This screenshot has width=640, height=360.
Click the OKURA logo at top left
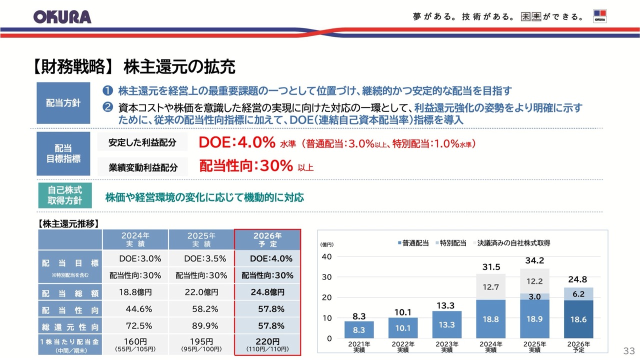pos(62,16)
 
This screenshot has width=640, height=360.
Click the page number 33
pos(628,349)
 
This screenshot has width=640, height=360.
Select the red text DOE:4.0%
pos(237,142)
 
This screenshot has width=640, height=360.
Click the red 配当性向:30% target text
pos(245,166)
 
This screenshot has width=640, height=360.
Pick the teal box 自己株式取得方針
pos(64,196)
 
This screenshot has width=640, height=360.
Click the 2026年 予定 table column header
pos(267,239)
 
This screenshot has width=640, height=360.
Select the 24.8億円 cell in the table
pos(267,292)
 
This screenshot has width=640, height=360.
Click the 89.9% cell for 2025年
pos(201,326)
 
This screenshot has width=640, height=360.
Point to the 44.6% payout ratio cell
pos(135,309)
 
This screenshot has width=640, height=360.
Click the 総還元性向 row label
pos(70,326)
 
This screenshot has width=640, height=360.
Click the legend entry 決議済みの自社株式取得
pos(509,243)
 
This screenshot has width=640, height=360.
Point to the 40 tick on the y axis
pos(327,256)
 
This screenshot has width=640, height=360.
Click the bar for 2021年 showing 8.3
pos(359,329)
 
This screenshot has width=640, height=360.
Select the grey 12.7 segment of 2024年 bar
pos(490,286)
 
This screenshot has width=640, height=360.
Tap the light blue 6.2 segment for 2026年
pos(578,294)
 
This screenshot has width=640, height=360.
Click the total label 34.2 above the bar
pos(534,260)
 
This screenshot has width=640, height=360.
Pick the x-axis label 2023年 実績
pos(446,347)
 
